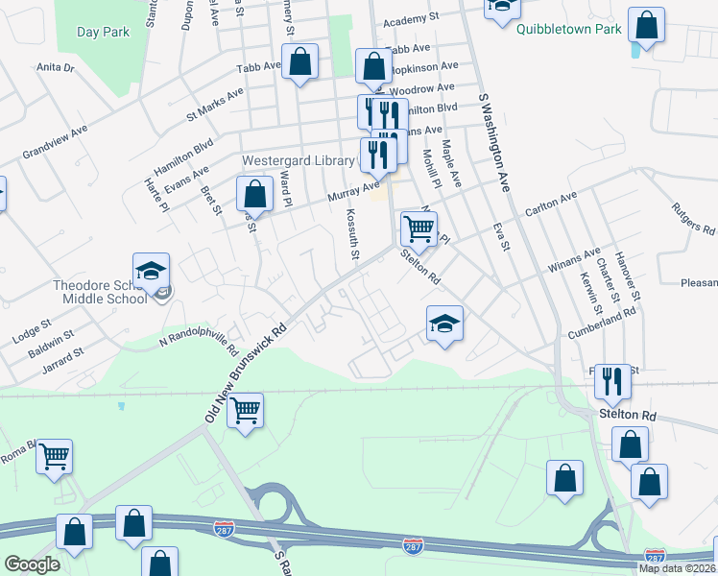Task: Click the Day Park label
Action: click(103, 32)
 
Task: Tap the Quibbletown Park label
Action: click(568, 29)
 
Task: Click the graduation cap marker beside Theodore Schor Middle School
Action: click(151, 274)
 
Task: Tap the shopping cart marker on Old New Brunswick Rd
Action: click(247, 413)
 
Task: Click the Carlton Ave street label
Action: click(550, 204)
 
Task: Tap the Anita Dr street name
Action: click(55, 68)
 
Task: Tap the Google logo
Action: click(32, 564)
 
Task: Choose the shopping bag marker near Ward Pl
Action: click(254, 194)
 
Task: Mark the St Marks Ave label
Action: click(215, 104)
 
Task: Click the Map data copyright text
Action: click(677, 568)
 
